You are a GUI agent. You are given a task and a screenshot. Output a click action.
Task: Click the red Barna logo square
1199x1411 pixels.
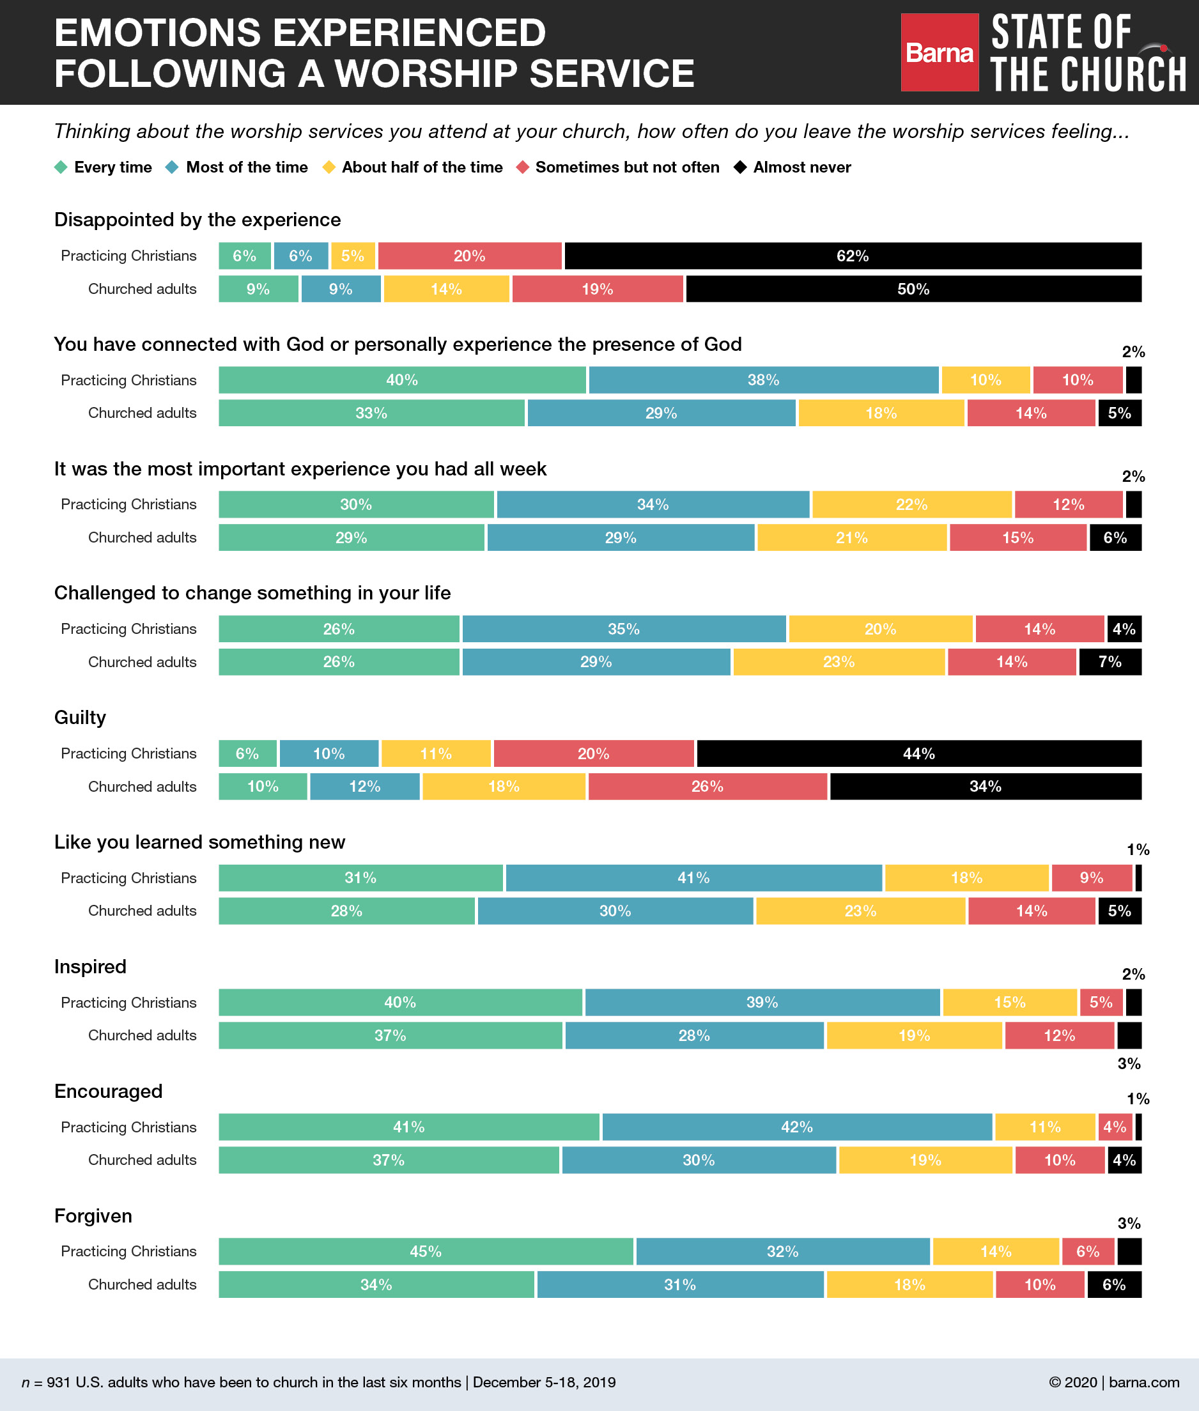coord(940,52)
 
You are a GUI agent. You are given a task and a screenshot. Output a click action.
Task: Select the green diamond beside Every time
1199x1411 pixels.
coord(61,167)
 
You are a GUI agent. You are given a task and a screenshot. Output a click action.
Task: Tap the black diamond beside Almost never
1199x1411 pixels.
coord(740,167)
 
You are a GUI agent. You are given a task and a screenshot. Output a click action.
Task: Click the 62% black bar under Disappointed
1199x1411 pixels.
coord(853,256)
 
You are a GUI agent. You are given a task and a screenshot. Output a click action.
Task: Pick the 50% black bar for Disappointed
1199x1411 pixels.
coord(913,289)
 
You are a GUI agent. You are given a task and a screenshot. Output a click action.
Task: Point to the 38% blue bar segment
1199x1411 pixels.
coord(763,380)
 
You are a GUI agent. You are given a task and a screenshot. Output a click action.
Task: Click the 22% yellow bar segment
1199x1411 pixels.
coord(911,504)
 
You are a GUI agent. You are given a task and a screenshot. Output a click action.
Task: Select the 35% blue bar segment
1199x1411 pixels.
coord(623,629)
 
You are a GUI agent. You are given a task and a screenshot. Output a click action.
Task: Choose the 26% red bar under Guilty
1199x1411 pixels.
coord(707,787)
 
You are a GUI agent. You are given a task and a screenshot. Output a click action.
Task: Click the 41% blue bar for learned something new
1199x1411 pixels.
coord(693,877)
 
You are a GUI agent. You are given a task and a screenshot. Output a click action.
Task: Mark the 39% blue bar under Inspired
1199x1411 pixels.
coord(762,1003)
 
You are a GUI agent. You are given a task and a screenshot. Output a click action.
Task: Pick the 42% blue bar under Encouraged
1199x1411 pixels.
coord(796,1127)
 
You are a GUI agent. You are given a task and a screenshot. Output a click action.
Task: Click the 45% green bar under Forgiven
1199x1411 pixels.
coord(426,1251)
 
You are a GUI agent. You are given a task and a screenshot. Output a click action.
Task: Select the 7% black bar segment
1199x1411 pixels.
coord(1110,662)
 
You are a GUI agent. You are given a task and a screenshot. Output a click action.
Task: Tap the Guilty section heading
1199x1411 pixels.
coord(80,718)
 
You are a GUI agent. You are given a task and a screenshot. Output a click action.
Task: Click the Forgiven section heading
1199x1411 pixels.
coord(93,1216)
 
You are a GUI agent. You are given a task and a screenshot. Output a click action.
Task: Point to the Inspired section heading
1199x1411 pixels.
coord(90,966)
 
